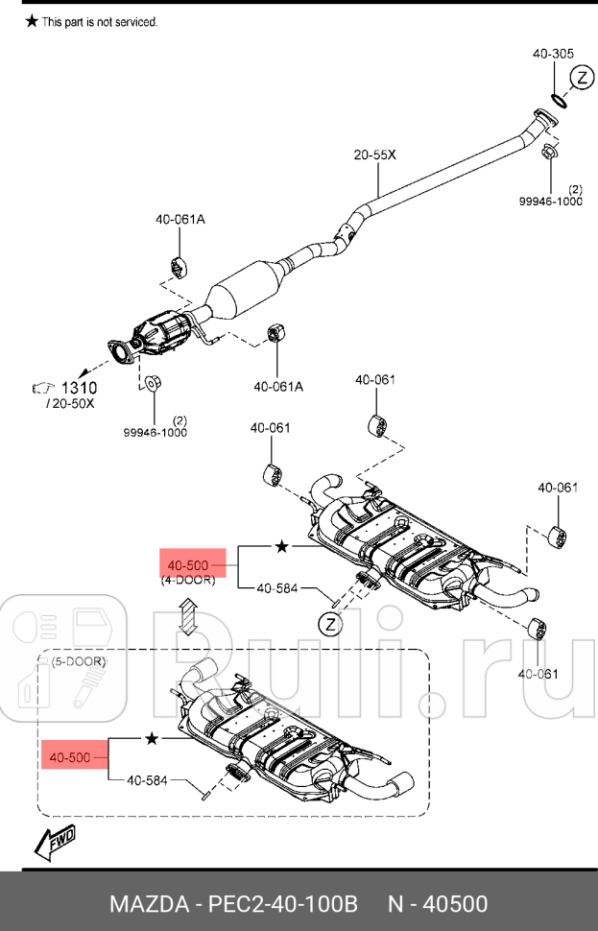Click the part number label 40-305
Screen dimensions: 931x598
[553, 54]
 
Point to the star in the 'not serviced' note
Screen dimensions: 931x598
[32, 21]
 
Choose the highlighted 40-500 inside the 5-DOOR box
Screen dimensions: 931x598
[70, 757]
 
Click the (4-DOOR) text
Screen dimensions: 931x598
[187, 581]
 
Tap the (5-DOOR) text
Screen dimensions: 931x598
[79, 661]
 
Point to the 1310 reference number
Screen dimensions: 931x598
[80, 388]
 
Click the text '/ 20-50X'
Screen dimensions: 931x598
[70, 404]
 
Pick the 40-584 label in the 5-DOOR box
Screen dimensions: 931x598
[147, 780]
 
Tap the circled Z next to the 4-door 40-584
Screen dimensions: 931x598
[329, 626]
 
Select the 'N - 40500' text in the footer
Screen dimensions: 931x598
[438, 904]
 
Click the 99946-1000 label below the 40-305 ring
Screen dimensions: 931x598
[551, 202]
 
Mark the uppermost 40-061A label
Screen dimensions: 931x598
[180, 219]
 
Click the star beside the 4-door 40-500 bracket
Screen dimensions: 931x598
[281, 546]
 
